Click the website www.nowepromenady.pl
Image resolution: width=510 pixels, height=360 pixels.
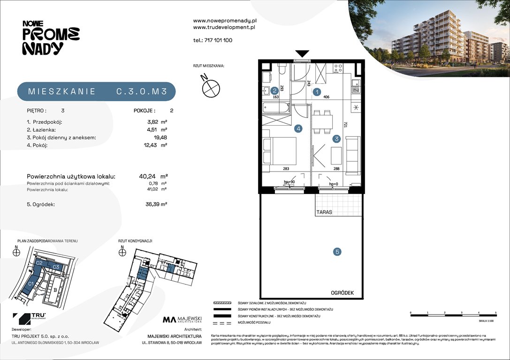(224, 21)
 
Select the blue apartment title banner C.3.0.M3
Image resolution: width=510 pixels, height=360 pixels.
(96, 92)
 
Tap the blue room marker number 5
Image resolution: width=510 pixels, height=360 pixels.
(337, 252)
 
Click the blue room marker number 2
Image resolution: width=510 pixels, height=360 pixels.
(274, 91)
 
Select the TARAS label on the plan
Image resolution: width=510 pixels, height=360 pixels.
(324, 212)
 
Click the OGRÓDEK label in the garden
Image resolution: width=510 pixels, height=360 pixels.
(341, 293)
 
